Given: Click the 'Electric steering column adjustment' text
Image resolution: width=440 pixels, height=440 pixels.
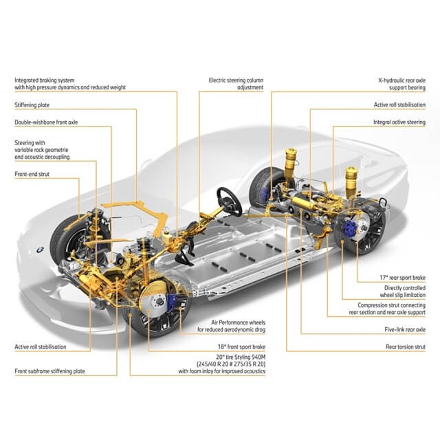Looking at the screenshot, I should pyautogui.click(x=237, y=84).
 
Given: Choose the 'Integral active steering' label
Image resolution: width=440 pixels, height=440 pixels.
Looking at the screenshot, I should pyautogui.click(x=399, y=122).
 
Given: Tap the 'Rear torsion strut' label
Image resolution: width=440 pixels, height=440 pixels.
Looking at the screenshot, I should pyautogui.click(x=405, y=347).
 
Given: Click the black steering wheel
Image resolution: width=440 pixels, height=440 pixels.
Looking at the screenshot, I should pyautogui.click(x=228, y=199).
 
